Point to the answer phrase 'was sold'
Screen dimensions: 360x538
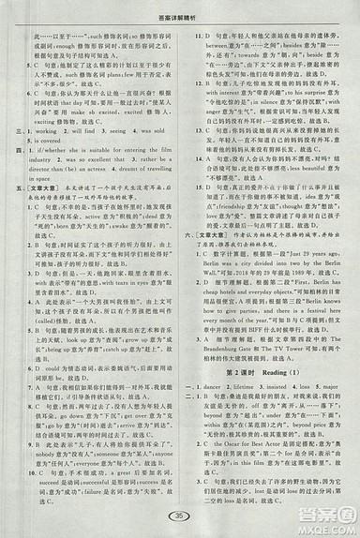point(159,132)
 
